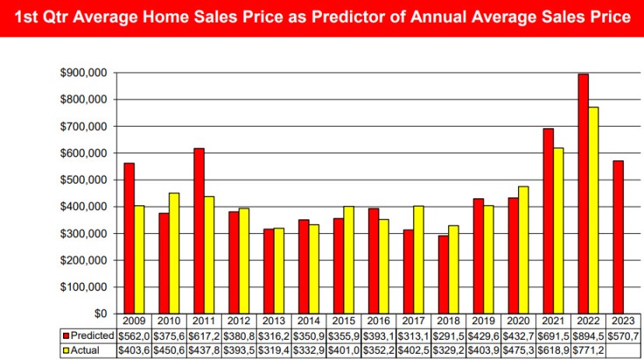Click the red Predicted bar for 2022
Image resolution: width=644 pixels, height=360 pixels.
583,194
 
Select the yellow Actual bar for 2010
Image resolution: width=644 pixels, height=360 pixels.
174,253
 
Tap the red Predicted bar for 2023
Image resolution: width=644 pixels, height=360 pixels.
618,237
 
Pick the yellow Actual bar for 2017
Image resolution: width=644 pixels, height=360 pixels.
418,260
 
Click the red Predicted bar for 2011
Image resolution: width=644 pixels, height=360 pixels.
199,231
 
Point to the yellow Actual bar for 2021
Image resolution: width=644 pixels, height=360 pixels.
558,231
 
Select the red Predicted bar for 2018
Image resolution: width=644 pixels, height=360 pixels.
443,274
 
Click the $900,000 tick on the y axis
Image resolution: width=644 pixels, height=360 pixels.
84,72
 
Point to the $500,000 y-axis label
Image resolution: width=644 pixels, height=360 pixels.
84,180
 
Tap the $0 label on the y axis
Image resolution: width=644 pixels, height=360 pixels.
100,313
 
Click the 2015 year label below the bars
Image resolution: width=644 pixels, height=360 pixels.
344,320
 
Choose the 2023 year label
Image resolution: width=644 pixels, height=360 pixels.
623,320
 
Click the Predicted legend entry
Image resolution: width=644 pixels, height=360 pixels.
89,335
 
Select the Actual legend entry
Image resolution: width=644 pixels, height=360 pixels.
81,350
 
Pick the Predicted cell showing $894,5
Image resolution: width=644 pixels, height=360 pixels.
588,336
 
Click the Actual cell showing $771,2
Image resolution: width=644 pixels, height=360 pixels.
588,351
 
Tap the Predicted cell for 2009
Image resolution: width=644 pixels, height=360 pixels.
134,336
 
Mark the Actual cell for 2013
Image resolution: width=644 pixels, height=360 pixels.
274,351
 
